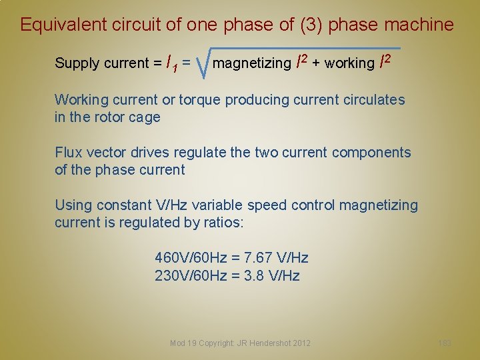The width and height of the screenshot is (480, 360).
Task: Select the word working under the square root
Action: [350, 63]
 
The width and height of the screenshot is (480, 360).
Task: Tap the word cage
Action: [147, 117]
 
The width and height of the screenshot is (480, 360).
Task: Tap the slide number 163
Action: [445, 343]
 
